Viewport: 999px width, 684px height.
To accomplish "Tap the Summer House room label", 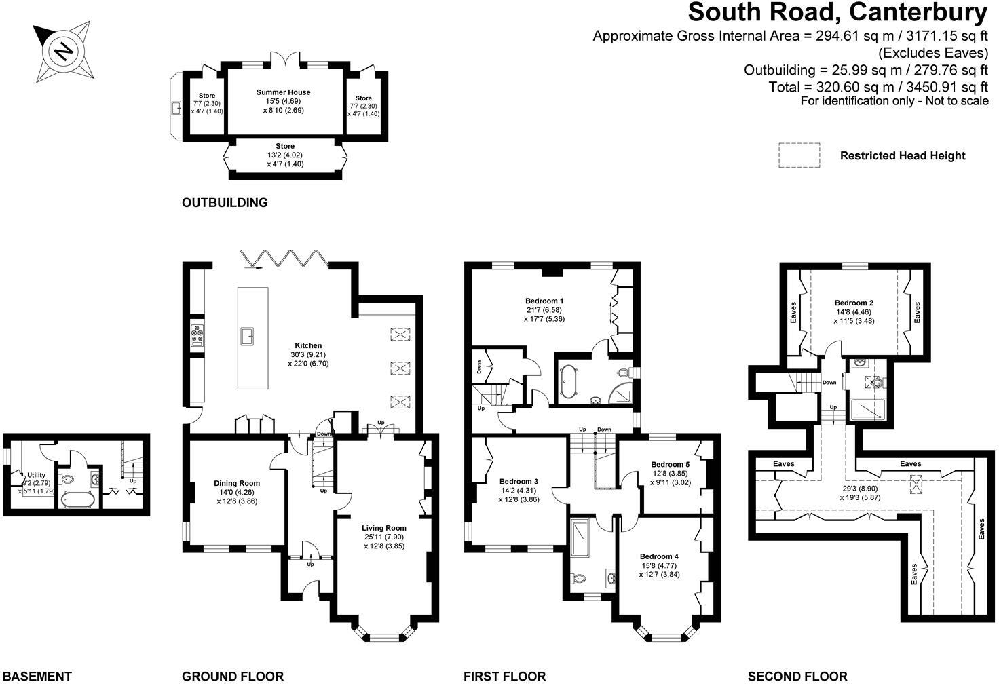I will coord(283,92).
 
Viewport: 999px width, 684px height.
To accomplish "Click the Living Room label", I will coord(384,528).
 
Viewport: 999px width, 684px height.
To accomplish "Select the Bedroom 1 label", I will coord(544,301).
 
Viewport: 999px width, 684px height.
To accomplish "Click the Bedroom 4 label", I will coord(659,556).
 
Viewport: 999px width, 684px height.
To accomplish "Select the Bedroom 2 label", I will coord(854,303).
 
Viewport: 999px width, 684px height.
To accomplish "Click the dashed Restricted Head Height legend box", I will coord(799,155).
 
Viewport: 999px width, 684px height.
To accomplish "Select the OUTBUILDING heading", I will coord(225,202).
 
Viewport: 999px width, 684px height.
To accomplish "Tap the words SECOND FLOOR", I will coord(797,676).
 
